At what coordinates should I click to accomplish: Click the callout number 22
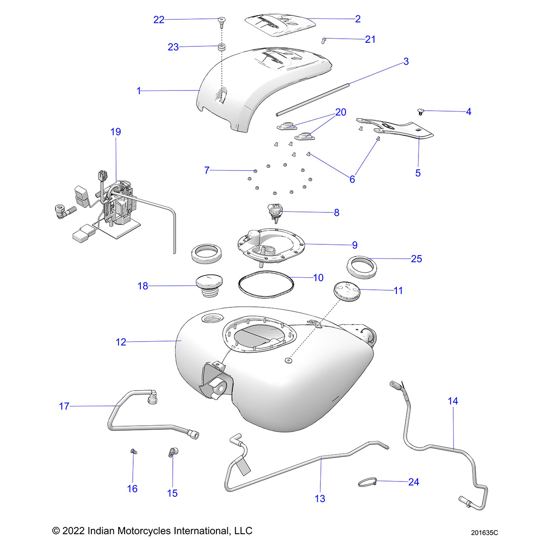click(159, 20)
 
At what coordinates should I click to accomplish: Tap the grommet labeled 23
click(221, 47)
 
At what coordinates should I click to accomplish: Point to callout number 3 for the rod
click(406, 61)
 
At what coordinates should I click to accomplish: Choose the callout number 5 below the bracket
click(418, 173)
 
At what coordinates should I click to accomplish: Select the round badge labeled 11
click(347, 289)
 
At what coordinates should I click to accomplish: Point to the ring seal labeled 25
click(361, 265)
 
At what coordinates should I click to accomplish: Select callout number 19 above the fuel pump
click(116, 132)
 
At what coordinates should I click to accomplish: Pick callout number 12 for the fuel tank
click(121, 342)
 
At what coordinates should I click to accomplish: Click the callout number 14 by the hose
click(453, 400)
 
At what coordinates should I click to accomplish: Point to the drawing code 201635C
click(485, 532)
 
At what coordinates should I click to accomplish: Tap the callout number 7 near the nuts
click(207, 171)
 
